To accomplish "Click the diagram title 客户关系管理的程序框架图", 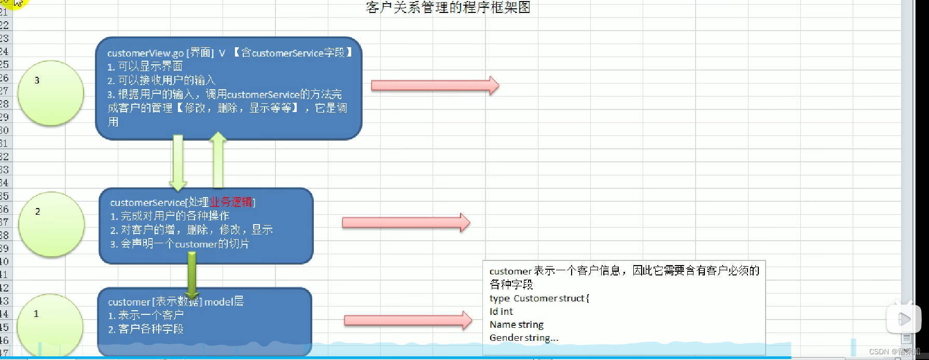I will (448, 8).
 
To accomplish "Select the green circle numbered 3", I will (50, 93).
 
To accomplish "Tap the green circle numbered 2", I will (51, 225).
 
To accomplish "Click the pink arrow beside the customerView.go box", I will (435, 86).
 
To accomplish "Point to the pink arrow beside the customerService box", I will (406, 223).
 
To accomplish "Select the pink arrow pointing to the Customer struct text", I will (408, 321).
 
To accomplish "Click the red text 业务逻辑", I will (231, 202).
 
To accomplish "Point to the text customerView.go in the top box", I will (145, 53).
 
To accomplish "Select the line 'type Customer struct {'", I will (539, 298).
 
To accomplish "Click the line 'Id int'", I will (501, 312).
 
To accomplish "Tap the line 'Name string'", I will (517, 325).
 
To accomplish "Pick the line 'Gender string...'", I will (524, 338).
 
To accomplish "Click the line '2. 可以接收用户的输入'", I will (161, 80).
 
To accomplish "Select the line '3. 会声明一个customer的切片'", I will (179, 244).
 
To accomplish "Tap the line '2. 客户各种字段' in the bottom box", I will (146, 329).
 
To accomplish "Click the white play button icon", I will (904, 319).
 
